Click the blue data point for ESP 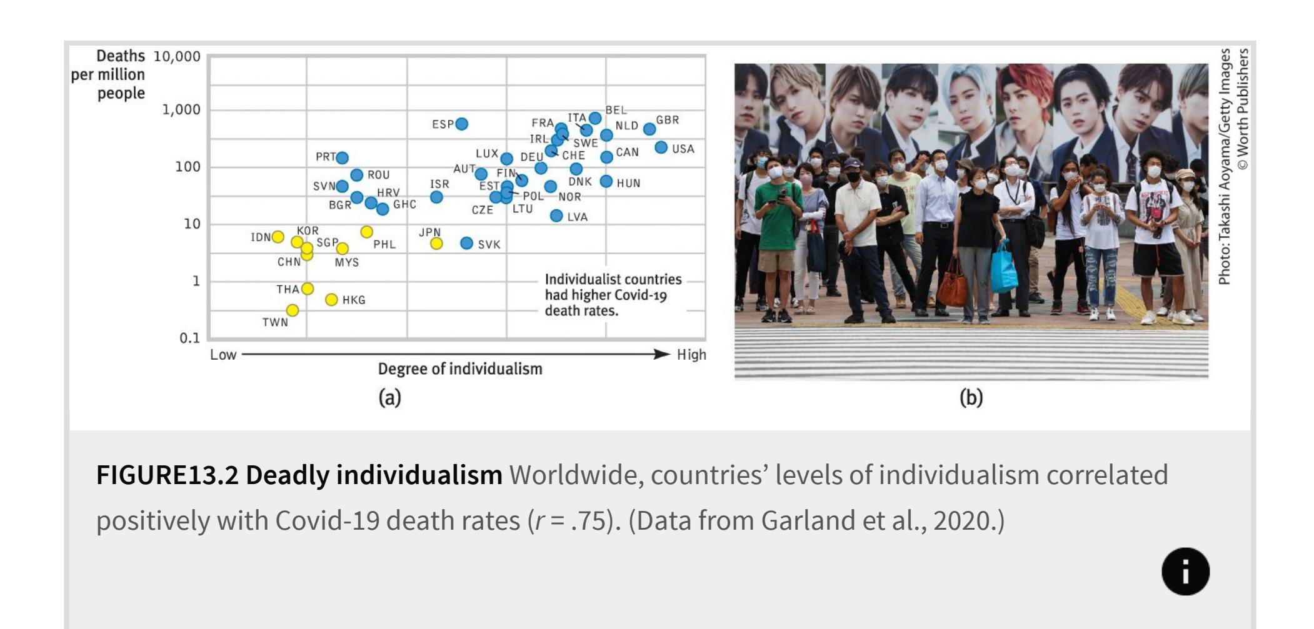(x=461, y=124)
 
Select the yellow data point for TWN (x=292, y=310)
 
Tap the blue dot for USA (x=661, y=147)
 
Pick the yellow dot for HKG (x=331, y=300)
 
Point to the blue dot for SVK (x=466, y=243)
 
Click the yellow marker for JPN (x=436, y=244)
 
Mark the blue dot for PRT (x=342, y=157)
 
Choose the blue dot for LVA (x=556, y=215)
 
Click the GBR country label (x=667, y=120)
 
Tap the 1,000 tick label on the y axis (x=181, y=110)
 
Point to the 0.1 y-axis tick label (x=189, y=339)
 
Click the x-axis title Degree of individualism (x=460, y=369)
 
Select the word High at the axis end (x=691, y=355)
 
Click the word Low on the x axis (x=223, y=355)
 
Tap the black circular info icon (x=1185, y=572)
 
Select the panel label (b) (x=971, y=398)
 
